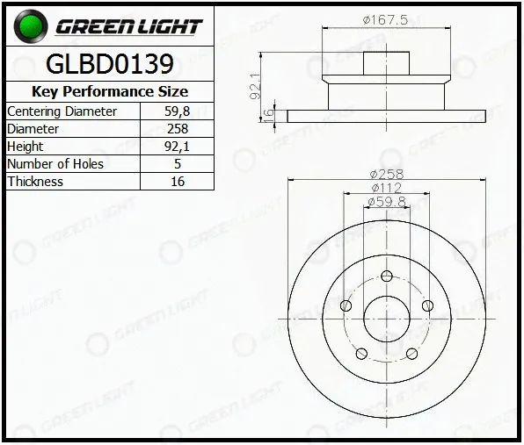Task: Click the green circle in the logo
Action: coord(31,26)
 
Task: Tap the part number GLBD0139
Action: coord(110,64)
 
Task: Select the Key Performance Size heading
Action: coord(110,91)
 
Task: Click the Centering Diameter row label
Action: coord(62,111)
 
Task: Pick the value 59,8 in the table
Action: coord(177,111)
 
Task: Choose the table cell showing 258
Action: coord(178,129)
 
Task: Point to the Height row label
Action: coord(25,147)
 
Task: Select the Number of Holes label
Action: coord(55,164)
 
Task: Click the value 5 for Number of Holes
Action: coord(178,164)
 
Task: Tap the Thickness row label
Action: coord(35,182)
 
